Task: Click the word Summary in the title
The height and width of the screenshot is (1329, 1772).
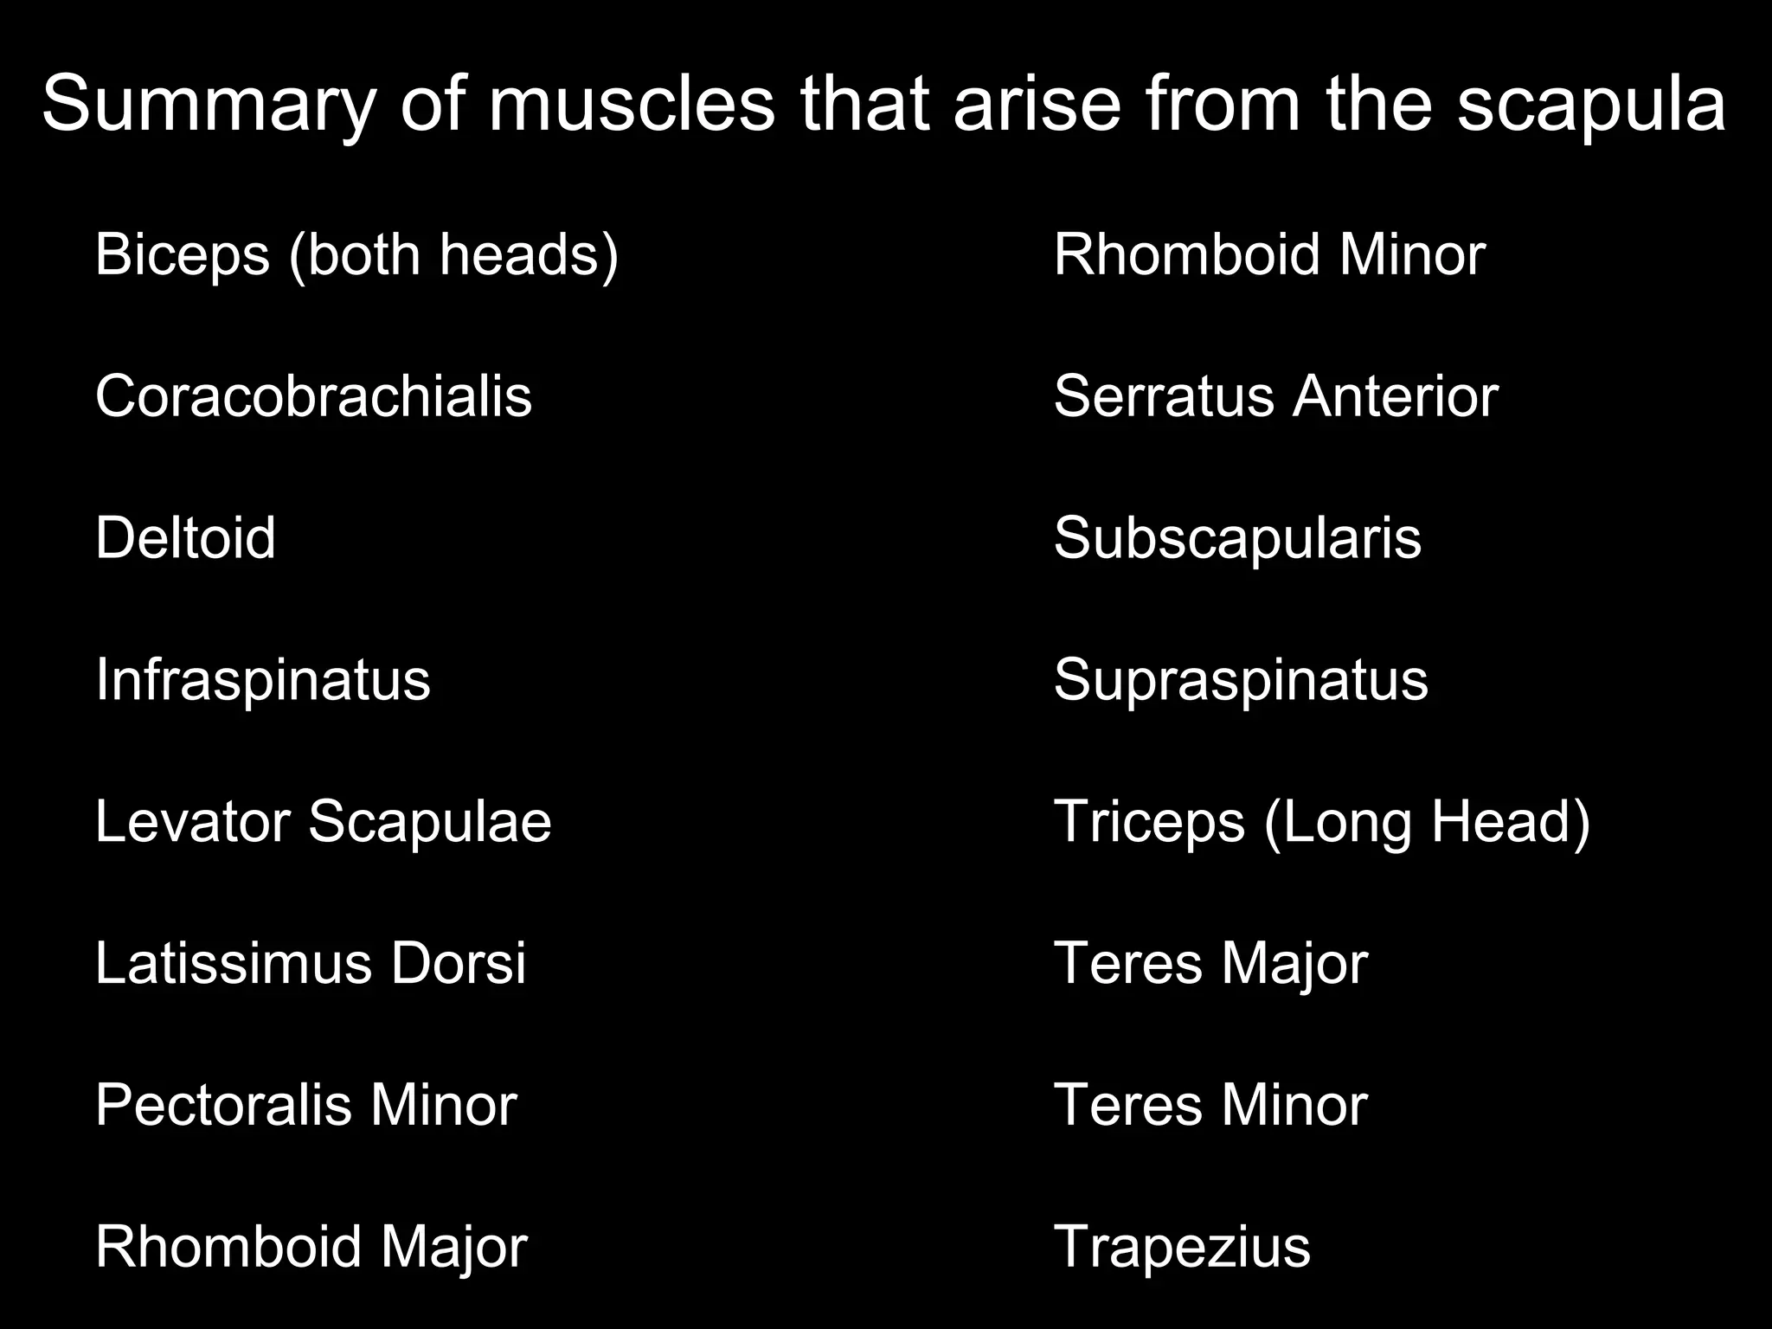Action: [209, 104]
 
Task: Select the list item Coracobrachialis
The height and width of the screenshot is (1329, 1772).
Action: [313, 396]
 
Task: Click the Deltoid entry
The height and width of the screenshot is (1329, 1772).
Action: [185, 537]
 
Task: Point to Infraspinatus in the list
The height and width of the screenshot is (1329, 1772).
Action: [262, 679]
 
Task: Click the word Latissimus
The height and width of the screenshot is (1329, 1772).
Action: [233, 963]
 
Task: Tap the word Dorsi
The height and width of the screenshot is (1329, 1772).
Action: [458, 963]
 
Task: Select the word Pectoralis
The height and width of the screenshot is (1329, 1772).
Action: [223, 1105]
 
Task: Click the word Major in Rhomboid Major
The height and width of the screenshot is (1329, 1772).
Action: [453, 1248]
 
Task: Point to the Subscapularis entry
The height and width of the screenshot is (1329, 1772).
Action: [1237, 537]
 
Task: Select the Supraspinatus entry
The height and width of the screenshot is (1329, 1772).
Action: [1241, 679]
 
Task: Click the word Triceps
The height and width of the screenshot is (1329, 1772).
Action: [1149, 821]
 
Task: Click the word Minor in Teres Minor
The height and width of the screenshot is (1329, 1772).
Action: [1294, 1105]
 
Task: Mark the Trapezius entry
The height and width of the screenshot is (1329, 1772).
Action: [1182, 1248]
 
